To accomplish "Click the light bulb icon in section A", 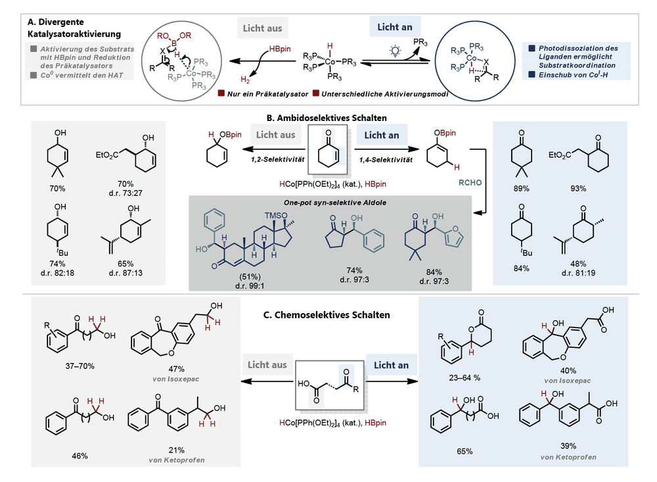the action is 395,51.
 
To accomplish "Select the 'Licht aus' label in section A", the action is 262,28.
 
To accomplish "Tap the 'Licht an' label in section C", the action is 391,365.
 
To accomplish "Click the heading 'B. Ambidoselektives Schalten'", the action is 327,118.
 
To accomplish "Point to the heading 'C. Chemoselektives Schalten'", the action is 327,314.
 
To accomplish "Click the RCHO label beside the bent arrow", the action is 470,183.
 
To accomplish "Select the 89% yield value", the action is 521,188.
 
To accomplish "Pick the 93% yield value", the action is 578,188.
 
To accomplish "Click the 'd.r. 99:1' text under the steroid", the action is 250,286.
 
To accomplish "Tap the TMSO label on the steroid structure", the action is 276,215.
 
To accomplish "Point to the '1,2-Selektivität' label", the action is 277,159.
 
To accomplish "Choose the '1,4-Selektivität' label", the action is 386,159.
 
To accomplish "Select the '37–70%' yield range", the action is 79,366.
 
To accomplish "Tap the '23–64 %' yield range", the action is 464,377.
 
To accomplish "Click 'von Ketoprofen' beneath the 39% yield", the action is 568,457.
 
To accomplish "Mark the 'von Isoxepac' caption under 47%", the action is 176,379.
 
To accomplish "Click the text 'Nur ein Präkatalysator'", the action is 268,94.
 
